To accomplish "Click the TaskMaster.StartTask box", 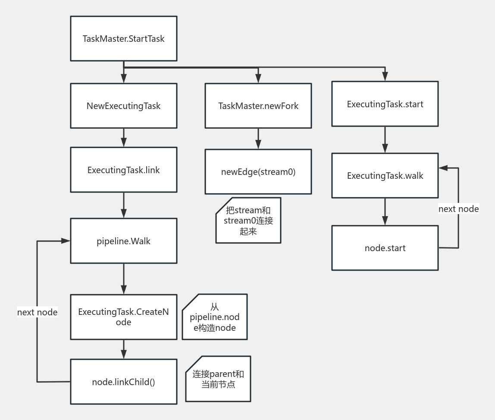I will (x=123, y=39).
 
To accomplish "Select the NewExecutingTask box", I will (x=123, y=106).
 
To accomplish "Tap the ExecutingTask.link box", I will (x=123, y=170).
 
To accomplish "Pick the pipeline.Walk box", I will (x=123, y=241).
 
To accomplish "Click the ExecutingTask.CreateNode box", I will (x=123, y=317).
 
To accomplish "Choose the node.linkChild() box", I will (x=123, y=382).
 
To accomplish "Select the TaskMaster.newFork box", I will (x=258, y=106).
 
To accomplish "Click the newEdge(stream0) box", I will (x=258, y=172).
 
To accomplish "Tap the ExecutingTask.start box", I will (x=385, y=104).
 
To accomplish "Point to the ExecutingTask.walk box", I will (x=385, y=176).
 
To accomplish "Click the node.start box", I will (x=385, y=248).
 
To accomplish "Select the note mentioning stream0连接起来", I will (x=248, y=221).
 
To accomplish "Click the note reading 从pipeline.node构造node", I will (x=215, y=317).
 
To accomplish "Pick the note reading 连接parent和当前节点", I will (x=218, y=379).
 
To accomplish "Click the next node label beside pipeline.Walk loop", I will (x=37, y=312).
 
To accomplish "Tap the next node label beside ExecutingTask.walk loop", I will (x=458, y=209).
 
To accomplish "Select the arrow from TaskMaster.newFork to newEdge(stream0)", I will (x=258, y=139).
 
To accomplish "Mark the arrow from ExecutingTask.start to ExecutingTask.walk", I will (x=385, y=140).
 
